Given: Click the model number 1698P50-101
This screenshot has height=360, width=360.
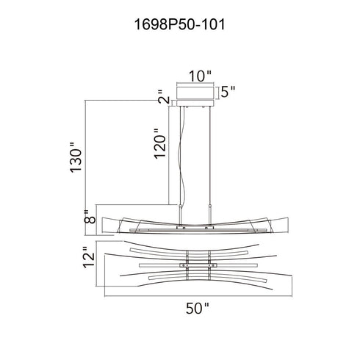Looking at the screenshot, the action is coord(179,25).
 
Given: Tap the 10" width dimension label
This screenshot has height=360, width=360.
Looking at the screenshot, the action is coord(200,76).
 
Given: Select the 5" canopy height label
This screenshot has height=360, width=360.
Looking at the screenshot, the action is coord(228,92).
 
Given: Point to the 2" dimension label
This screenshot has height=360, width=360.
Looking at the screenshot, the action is coord(164,97).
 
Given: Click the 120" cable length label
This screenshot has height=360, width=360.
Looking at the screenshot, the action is coord(160,144).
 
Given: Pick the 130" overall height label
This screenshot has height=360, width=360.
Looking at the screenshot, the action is coord(76,157).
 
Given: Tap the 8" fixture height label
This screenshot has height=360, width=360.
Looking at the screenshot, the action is coord(90,217).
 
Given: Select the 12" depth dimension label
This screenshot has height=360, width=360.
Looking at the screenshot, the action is coord(89,257).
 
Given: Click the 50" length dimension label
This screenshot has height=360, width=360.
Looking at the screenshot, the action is coord(198,309).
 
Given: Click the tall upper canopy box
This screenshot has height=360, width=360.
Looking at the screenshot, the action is coord(195,93).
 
